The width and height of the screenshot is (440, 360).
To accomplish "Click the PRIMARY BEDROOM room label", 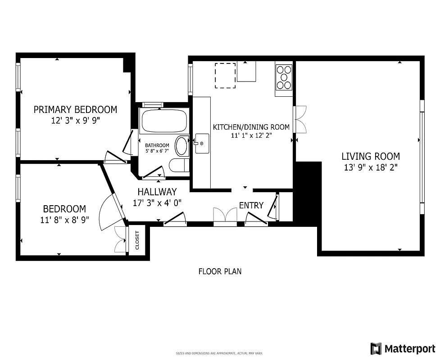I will pyautogui.click(x=75, y=109).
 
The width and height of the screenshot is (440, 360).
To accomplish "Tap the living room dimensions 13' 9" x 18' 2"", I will pyautogui.click(x=370, y=167).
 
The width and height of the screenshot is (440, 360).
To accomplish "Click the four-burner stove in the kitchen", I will pyautogui.click(x=284, y=77).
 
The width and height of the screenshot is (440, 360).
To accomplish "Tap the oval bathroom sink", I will pyautogui.click(x=181, y=146).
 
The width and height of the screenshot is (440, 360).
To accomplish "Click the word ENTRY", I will pyautogui.click(x=251, y=206).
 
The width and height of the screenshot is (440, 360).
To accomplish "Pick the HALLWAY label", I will pyautogui.click(x=157, y=192).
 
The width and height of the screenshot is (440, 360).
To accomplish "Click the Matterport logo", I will pyautogui.click(x=403, y=348).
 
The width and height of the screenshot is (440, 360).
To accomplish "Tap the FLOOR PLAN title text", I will pyautogui.click(x=220, y=271).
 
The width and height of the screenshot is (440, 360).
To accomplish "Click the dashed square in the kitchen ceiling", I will pyautogui.click(x=225, y=76).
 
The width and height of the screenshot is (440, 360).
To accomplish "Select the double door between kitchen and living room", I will pyautogui.click(x=299, y=119).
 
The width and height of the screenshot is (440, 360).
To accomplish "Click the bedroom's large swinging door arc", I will pyautogui.click(x=107, y=212).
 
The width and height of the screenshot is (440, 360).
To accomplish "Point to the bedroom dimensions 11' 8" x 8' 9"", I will pyautogui.click(x=64, y=220).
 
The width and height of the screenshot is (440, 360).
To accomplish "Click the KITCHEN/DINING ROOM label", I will pyautogui.click(x=251, y=127).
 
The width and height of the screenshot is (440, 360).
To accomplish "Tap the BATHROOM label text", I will pyautogui.click(x=157, y=145).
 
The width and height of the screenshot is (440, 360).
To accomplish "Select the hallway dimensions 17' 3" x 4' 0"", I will pyautogui.click(x=157, y=203).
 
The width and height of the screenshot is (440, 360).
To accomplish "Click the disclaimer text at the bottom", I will pyautogui.click(x=219, y=354).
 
